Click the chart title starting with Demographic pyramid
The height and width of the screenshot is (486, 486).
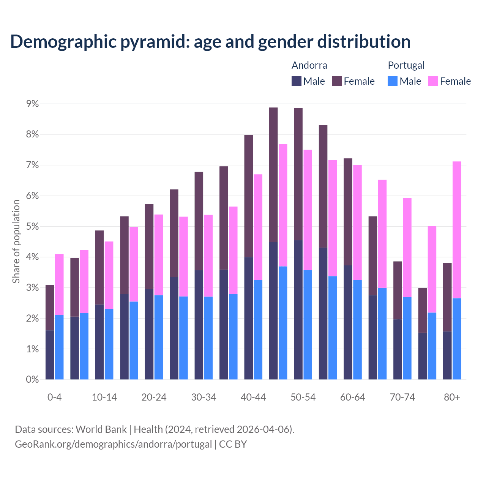[210, 42]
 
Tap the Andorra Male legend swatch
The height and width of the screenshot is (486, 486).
[297, 81]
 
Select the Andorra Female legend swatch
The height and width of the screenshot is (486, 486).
[337, 81]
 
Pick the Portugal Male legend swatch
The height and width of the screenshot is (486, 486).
[393, 81]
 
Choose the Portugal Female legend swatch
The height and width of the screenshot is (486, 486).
[433, 81]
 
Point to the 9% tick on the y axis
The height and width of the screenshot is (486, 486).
[32, 104]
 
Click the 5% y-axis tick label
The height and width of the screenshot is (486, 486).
[32, 227]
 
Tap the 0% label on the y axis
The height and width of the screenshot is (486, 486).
[32, 380]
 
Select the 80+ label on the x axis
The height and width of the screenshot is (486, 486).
[452, 398]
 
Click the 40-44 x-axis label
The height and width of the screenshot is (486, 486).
[253, 398]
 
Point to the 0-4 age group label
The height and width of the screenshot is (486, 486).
[54, 398]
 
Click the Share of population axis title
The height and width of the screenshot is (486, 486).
[16, 241]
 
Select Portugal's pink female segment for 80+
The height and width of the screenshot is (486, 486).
[457, 230]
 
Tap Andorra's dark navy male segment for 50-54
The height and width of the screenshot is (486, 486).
[298, 309]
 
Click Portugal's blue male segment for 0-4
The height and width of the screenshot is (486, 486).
[59, 347]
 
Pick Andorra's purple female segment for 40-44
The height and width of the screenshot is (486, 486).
[248, 196]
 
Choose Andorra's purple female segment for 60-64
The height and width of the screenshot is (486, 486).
[348, 212]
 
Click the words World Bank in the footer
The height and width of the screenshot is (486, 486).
[101, 429]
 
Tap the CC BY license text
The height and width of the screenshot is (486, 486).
[233, 444]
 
